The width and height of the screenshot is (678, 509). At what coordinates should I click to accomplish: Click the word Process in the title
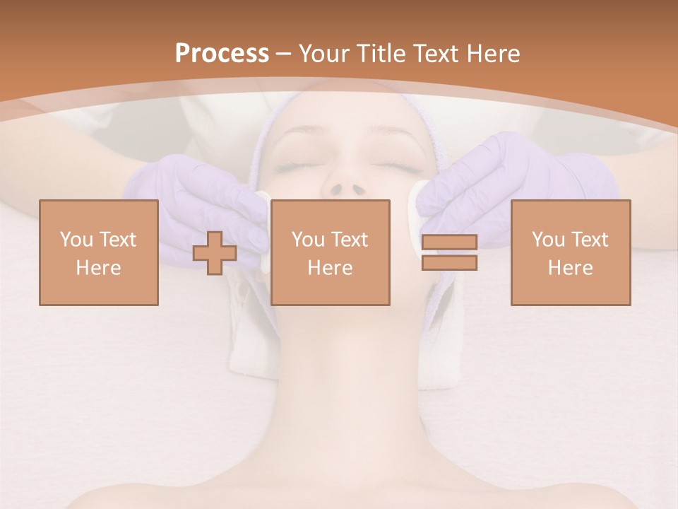pyautogui.click(x=222, y=54)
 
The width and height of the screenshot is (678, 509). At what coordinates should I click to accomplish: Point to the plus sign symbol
pyautogui.click(x=215, y=253)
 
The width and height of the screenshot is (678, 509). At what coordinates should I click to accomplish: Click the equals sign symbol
pyautogui.click(x=449, y=252)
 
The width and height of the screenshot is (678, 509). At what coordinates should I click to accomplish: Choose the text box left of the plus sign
pyautogui.click(x=98, y=253)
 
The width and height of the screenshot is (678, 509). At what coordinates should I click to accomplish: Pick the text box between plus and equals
pyautogui.click(x=330, y=253)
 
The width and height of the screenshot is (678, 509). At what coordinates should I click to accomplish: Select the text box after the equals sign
pyautogui.click(x=570, y=253)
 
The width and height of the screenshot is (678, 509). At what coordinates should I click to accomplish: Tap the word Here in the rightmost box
pyautogui.click(x=570, y=268)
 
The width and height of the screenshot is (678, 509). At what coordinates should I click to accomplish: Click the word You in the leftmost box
pyautogui.click(x=75, y=240)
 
